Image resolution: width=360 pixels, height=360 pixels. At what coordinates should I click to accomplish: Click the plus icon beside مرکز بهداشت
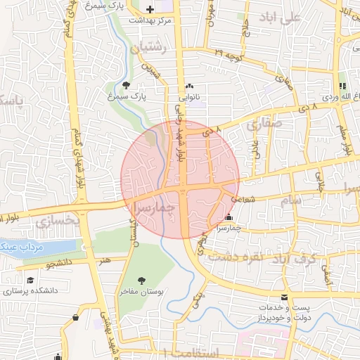pos(150,9)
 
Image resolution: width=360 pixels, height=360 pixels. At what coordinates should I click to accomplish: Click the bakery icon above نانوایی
pos(188,85)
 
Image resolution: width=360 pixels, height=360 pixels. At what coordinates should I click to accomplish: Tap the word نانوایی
pos(188,97)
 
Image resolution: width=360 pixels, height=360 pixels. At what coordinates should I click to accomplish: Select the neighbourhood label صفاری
pos(264,124)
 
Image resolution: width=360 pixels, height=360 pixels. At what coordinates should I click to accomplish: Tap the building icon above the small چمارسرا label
pos(229,217)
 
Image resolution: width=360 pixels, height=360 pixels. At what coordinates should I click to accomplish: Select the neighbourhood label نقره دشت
pos(240,257)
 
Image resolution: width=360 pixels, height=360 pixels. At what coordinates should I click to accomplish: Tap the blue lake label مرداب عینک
pos(21,247)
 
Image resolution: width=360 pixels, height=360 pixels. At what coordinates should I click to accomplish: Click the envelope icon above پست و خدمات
pos(284,297)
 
